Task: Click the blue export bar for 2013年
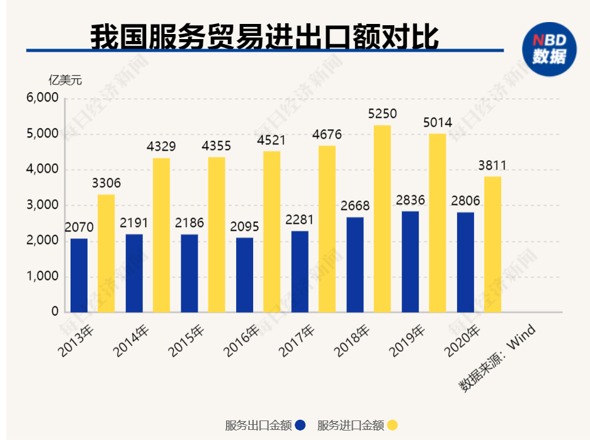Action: [x=79, y=275]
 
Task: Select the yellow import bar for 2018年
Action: [x=382, y=218]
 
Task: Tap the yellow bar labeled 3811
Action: [x=492, y=244]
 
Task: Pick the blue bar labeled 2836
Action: [x=410, y=261]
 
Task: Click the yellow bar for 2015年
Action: [x=217, y=234]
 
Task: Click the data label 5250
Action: [x=382, y=113]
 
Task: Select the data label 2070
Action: [x=79, y=226]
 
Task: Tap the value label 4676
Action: [x=327, y=134]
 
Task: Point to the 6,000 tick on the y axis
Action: [x=42, y=98]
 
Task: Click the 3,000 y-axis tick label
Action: [x=42, y=206]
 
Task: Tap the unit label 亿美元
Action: [x=65, y=80]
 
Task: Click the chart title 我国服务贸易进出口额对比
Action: [x=264, y=37]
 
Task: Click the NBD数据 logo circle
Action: [x=550, y=49]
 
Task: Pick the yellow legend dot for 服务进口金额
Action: [x=392, y=426]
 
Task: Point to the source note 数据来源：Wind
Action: [x=497, y=358]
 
